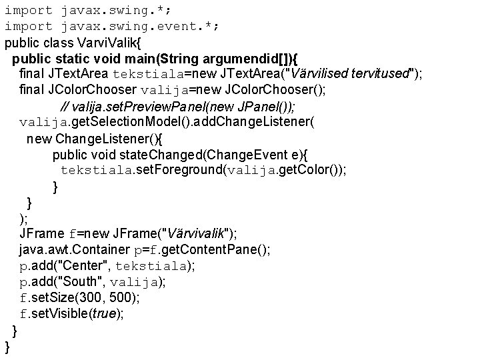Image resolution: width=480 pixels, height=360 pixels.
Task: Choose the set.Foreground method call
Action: tap(179, 170)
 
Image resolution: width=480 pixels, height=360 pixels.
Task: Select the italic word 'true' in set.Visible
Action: tap(103, 313)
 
